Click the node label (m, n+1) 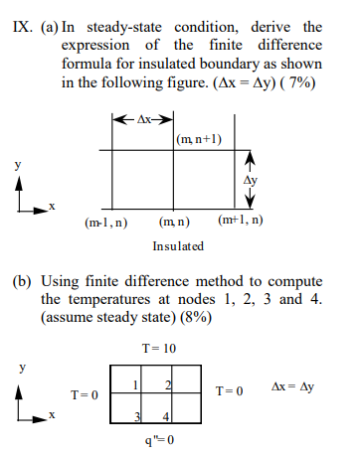click(x=197, y=139)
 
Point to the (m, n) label click(x=175, y=220)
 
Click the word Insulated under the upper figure click(x=178, y=244)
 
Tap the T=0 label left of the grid click(x=84, y=394)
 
